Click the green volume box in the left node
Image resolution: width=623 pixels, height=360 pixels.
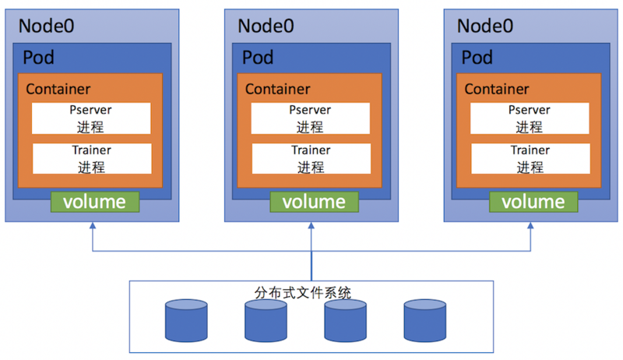point(94,202)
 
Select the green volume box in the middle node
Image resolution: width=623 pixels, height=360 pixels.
point(314,202)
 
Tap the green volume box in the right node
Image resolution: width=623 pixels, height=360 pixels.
point(533,202)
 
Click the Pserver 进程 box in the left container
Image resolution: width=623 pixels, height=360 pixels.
point(91,118)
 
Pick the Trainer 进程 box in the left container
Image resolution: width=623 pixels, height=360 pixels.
point(91,158)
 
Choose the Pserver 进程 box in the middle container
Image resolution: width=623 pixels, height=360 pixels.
point(310,118)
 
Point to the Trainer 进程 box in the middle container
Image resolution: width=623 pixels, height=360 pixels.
point(310,158)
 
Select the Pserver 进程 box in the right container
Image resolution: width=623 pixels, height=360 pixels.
point(530,118)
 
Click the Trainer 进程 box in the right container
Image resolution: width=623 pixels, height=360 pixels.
point(530,158)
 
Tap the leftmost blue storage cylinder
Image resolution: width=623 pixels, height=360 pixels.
point(187,319)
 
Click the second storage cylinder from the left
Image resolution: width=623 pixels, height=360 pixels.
point(266,319)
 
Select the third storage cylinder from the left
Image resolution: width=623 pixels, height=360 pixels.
point(346,319)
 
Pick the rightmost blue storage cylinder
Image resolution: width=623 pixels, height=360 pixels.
point(424,319)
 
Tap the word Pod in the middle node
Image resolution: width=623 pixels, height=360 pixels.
point(258,58)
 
